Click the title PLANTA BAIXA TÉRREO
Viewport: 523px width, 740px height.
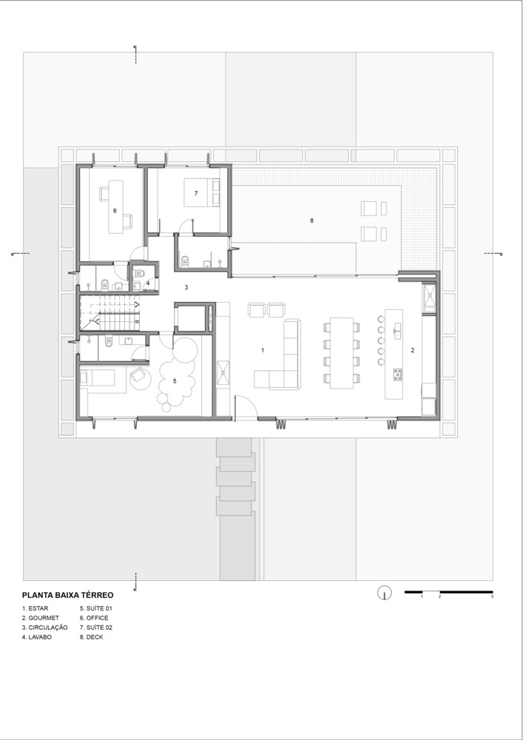click(67, 595)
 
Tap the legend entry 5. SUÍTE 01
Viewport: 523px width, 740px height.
click(95, 608)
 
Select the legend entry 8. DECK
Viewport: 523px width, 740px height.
click(92, 637)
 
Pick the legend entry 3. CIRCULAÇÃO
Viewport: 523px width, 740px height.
click(45, 628)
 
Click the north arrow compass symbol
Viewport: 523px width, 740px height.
click(385, 593)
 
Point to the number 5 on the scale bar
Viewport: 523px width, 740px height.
click(493, 596)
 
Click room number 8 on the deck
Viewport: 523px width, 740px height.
click(311, 221)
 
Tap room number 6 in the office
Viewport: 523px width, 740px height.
click(115, 211)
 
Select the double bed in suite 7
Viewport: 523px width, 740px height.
click(202, 192)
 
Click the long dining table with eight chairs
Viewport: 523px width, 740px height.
click(342, 353)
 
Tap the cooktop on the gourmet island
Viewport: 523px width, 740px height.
click(398, 374)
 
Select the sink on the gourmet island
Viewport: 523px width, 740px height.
click(398, 331)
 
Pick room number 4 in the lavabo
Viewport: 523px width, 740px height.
click(148, 283)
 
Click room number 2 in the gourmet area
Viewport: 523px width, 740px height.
click(413, 350)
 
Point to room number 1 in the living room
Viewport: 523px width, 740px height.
click(263, 350)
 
